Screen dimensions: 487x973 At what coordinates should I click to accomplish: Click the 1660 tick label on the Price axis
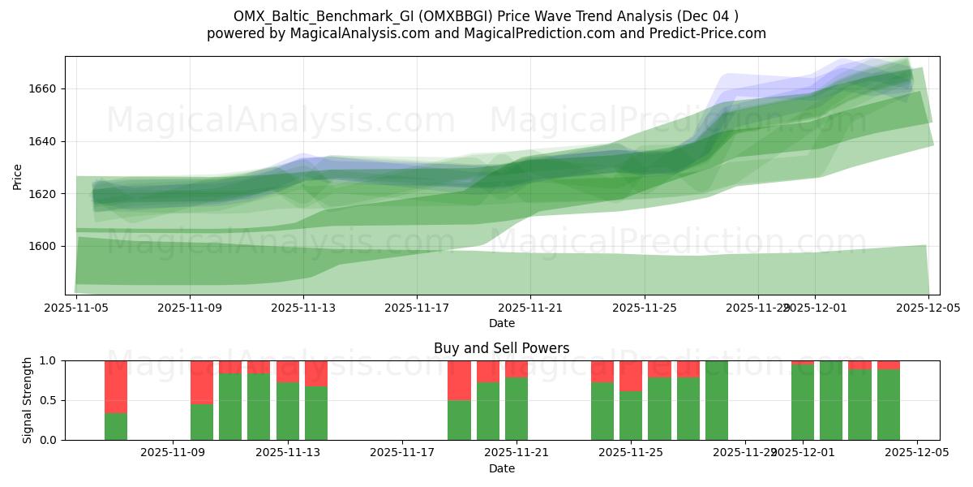[x=43, y=88]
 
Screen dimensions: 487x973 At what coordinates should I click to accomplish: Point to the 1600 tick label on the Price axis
[x=43, y=246]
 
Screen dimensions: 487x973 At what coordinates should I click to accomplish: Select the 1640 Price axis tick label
[x=43, y=141]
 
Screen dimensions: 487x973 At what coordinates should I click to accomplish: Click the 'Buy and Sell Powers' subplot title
[x=501, y=348]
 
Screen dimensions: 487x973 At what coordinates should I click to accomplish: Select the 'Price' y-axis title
[x=18, y=175]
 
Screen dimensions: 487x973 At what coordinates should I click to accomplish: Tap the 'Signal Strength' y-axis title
[x=28, y=400]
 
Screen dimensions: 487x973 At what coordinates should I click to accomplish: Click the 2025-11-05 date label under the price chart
[x=76, y=308]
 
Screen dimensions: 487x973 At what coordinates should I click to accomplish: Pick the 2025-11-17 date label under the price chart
[x=417, y=308]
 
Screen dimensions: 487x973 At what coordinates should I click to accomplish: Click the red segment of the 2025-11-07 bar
[x=116, y=386]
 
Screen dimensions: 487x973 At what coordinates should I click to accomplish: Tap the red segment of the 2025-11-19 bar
[x=459, y=380]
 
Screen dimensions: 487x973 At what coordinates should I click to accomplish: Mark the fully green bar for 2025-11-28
[x=717, y=400]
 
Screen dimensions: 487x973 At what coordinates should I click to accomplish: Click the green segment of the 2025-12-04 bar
[x=889, y=405]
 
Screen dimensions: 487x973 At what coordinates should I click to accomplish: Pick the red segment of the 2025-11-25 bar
[x=631, y=376]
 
